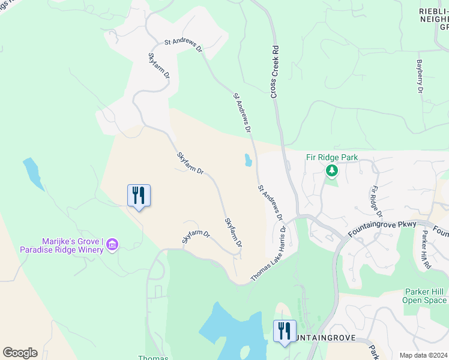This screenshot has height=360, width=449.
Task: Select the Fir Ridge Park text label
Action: pyautogui.click(x=332, y=157)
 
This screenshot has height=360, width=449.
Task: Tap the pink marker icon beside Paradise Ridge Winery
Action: pyautogui.click(x=112, y=244)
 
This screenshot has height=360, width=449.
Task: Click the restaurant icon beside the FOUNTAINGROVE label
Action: pyautogui.click(x=285, y=331)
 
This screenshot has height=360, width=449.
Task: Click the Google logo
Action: pyautogui.click(x=20, y=353)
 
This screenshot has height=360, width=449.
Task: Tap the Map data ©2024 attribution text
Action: pyautogui.click(x=423, y=355)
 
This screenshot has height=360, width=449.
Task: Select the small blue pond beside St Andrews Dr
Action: pyautogui.click(x=248, y=160)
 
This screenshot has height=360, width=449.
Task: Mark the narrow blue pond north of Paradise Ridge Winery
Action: pyautogui.click(x=33, y=174)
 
